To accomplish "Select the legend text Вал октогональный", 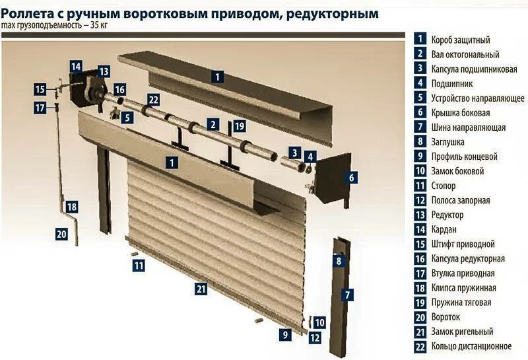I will (x=465, y=55).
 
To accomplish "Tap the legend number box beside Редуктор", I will (x=420, y=215).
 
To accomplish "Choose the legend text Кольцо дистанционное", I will (x=471, y=346).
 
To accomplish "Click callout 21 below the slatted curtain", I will (x=201, y=288).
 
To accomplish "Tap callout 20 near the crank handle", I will (x=61, y=233).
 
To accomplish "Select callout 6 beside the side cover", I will (x=352, y=177).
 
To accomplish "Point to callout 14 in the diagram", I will (x=76, y=67).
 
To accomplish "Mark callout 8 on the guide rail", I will (x=339, y=261).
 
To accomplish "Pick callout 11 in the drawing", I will (x=139, y=266).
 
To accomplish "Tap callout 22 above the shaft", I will (x=153, y=100).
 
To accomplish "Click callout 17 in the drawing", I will (x=40, y=107).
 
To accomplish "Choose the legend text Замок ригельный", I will (x=462, y=332).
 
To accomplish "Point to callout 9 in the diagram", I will (x=285, y=334).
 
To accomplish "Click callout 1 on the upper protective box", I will (x=217, y=77).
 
